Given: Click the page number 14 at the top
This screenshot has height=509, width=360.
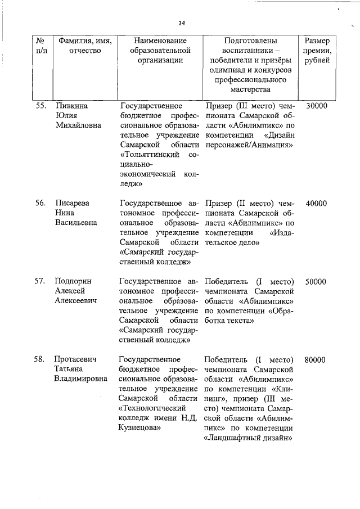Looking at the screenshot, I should [x=182, y=23].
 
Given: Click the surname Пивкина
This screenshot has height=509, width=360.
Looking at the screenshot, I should [x=71, y=105].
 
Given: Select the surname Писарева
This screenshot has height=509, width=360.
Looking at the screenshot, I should [x=73, y=204].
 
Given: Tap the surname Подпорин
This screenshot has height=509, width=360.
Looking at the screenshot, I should [x=73, y=281].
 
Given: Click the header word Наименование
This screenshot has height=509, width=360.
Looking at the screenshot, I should [x=160, y=41].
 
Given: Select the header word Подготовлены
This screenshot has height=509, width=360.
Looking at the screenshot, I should [x=250, y=41].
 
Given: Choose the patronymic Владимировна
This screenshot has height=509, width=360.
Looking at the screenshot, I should [x=81, y=379].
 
